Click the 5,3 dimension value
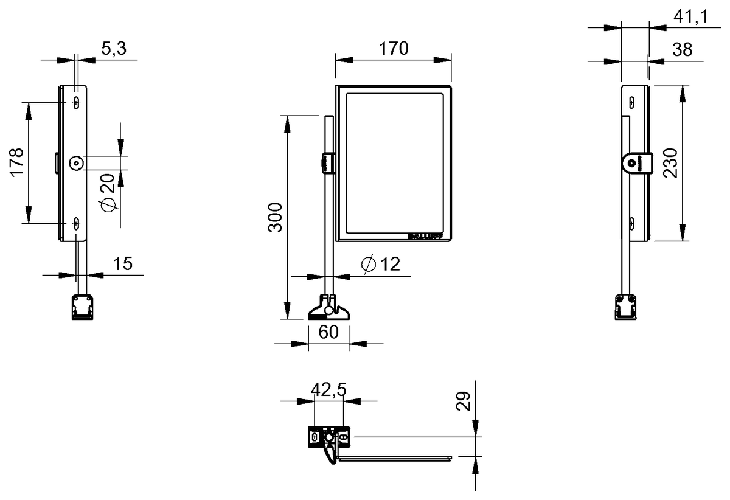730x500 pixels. point(114,50)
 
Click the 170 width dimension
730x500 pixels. point(394,49)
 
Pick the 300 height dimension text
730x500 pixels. point(276,217)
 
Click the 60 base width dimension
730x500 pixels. point(328,333)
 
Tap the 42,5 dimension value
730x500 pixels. point(328,390)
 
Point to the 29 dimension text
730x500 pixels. point(464,401)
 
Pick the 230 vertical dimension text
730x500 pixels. point(670,163)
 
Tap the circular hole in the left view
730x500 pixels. point(76,163)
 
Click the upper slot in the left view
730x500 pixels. point(76,101)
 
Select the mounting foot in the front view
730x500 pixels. point(329,308)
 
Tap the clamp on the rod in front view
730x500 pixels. point(327,163)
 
